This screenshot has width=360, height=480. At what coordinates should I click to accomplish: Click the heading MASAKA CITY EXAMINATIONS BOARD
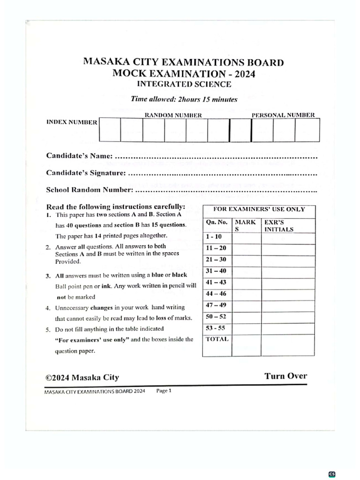[x=183, y=62]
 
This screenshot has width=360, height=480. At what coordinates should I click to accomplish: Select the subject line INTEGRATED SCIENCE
[x=184, y=84]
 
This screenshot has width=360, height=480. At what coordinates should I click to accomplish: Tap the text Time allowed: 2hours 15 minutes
[x=184, y=99]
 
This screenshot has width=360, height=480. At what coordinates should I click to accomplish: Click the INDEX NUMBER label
[x=72, y=122]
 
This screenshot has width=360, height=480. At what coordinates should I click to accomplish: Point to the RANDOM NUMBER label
[x=173, y=115]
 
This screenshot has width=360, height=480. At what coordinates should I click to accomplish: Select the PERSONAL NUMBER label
[x=283, y=115]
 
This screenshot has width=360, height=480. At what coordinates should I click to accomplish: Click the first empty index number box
[x=110, y=130]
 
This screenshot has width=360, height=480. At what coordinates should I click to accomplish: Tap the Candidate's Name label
[x=79, y=156]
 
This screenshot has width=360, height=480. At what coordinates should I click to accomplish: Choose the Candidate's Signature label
[x=86, y=173]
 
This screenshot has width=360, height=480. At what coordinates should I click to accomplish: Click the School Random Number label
[x=90, y=190]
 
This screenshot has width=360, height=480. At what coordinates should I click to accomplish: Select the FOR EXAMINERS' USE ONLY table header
[x=259, y=210]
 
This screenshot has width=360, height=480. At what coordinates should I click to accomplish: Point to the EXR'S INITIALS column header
[x=279, y=225]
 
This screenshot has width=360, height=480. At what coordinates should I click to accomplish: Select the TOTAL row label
[x=217, y=339]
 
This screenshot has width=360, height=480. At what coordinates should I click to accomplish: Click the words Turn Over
[x=285, y=376]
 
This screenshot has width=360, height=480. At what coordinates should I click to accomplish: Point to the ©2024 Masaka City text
[x=82, y=377]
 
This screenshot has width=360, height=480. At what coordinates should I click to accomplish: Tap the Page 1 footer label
[x=164, y=390]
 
